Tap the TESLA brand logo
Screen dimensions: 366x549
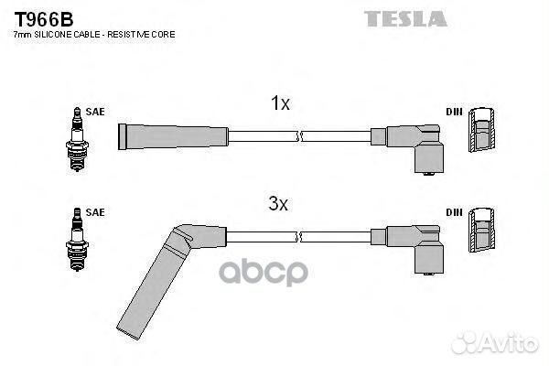pyautogui.click(x=405, y=18)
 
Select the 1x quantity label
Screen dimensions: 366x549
pyautogui.click(x=280, y=104)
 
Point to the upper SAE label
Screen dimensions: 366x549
pyautogui.click(x=95, y=112)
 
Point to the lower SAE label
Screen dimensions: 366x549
pyautogui.click(x=95, y=212)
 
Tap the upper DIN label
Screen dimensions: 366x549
pyautogui.click(x=454, y=113)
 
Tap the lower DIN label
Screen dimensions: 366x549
pyautogui.click(x=454, y=212)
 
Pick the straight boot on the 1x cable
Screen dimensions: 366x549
pyautogui.click(x=172, y=136)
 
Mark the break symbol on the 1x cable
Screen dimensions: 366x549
pyautogui.click(x=299, y=136)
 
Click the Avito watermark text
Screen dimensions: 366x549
pyautogui.click(x=509, y=344)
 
